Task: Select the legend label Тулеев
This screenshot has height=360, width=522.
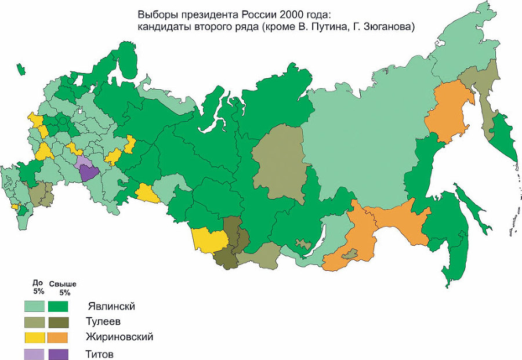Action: (104, 321)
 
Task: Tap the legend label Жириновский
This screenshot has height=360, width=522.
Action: (120, 337)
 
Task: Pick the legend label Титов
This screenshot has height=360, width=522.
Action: (100, 353)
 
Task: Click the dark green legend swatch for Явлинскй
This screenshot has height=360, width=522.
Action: (58, 306)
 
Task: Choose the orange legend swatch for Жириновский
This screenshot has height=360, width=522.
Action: (58, 337)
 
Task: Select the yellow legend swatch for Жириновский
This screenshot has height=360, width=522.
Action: (35, 337)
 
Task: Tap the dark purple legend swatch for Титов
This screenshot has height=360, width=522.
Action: (58, 353)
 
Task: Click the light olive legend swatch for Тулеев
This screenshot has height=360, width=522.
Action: (35, 322)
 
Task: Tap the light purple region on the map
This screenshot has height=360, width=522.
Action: (83, 161)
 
